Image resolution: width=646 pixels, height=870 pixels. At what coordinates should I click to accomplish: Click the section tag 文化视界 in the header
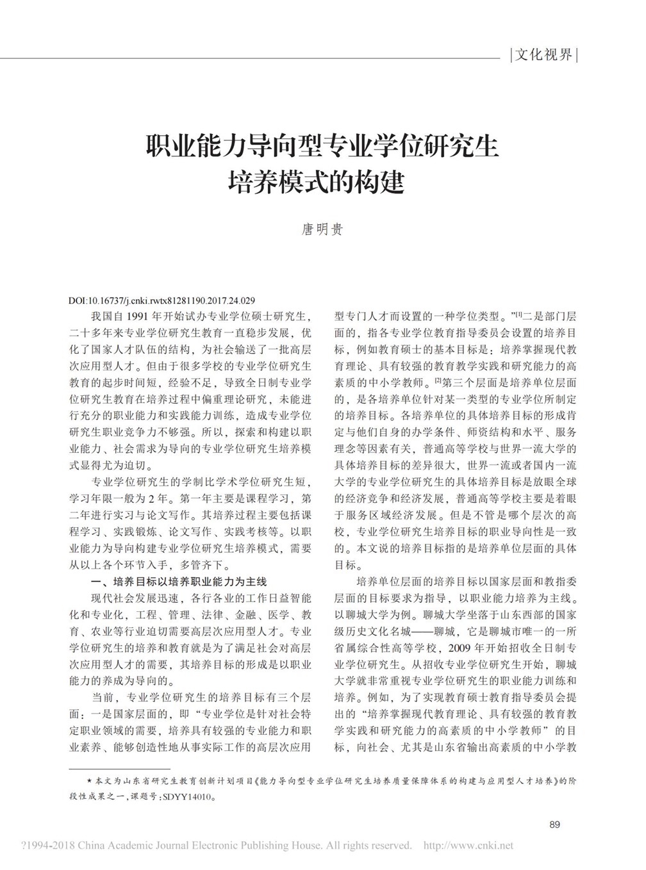(543, 55)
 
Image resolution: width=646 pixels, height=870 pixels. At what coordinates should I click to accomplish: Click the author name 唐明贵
(322, 229)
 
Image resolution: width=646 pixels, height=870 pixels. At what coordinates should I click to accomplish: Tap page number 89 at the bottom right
(555, 824)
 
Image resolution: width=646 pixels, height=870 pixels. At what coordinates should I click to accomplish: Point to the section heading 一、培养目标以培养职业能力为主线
(179, 582)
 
